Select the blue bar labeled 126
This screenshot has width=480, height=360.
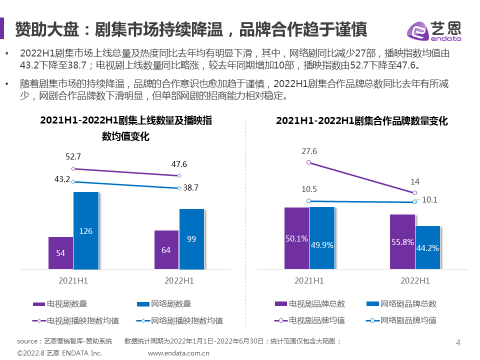pyautogui.click(x=86, y=230)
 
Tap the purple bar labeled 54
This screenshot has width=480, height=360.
pyautogui.click(x=60, y=253)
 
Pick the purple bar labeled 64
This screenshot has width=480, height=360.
pyautogui.click(x=166, y=249)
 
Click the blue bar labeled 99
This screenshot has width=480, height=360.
pyautogui.click(x=191, y=239)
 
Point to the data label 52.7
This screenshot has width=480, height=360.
pyautogui.click(x=73, y=156)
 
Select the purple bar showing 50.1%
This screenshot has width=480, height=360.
pyautogui.click(x=296, y=238)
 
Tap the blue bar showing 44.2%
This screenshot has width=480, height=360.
pyautogui.click(x=427, y=247)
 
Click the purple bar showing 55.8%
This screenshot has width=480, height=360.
pyautogui.click(x=402, y=242)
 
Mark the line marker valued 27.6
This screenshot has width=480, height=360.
pyautogui.click(x=309, y=162)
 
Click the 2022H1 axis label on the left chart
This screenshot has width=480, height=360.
pyautogui.click(x=179, y=281)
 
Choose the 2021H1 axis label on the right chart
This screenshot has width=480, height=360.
pyautogui.click(x=309, y=281)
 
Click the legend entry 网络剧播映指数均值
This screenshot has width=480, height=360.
pyautogui.click(x=179, y=320)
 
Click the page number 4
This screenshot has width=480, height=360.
pyautogui.click(x=458, y=342)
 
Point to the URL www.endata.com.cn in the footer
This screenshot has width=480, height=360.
pyautogui.click(x=178, y=353)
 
